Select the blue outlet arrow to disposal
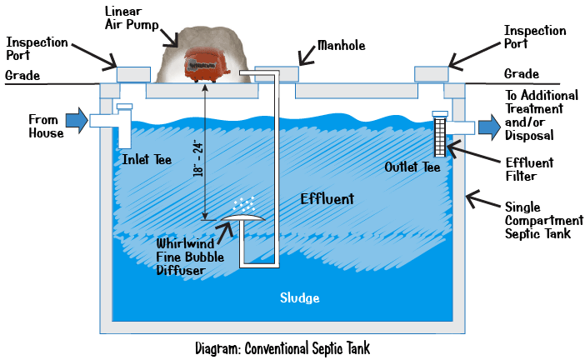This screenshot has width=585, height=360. click(x=489, y=127)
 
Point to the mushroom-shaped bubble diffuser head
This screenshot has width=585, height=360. click(x=241, y=217)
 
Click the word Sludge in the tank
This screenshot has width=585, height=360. click(x=299, y=297)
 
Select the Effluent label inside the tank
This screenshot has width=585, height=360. click(x=327, y=199)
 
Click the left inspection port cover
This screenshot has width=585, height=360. click(x=133, y=73)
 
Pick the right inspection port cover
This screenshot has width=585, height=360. click(x=431, y=73)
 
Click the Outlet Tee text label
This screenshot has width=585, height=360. click(x=412, y=167)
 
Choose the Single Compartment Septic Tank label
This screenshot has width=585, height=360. click(x=539, y=220)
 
